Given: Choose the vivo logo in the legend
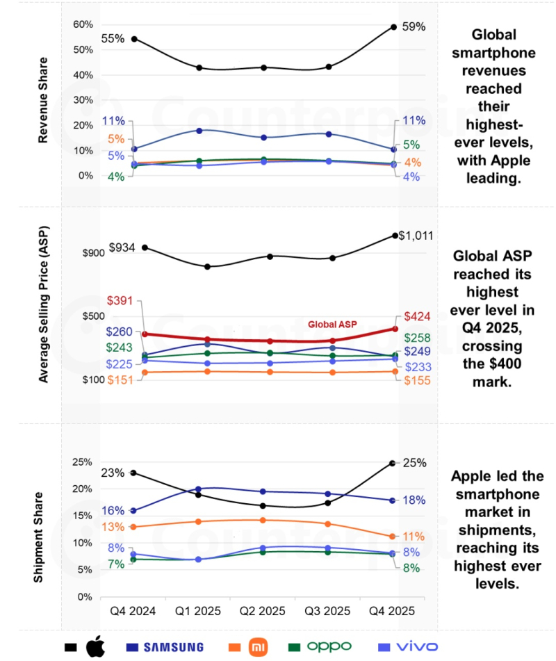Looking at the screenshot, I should tap(414, 647).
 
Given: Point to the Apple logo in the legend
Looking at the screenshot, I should tap(97, 647).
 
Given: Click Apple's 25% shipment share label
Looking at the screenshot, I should tap(414, 463).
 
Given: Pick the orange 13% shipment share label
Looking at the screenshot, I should tap(113, 527).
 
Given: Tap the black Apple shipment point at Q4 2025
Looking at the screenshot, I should tap(393, 463).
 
